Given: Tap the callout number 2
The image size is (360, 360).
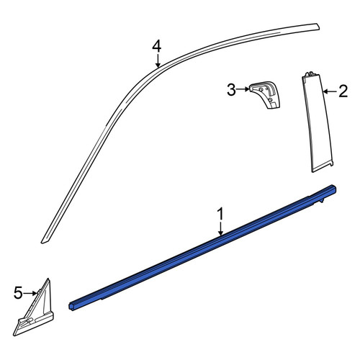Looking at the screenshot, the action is (343, 91).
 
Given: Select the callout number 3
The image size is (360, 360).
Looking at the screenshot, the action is (231, 90).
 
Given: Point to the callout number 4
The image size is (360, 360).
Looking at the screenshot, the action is (157, 47).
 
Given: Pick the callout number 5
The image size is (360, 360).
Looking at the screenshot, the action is (18, 293).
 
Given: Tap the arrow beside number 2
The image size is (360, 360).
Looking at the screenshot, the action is (330, 91).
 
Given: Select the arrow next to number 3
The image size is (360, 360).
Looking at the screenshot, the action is (243, 89).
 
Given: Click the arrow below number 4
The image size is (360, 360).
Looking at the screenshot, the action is (158, 60).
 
